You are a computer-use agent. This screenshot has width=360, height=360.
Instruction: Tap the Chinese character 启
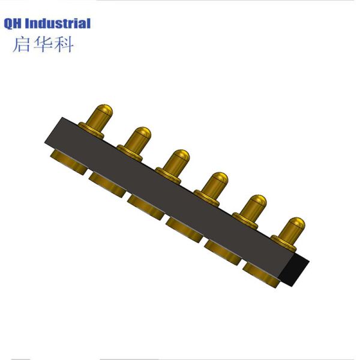[22, 44]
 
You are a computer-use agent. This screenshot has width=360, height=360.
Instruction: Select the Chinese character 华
[43, 44]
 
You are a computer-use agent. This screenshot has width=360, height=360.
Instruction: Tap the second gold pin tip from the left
[141, 133]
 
